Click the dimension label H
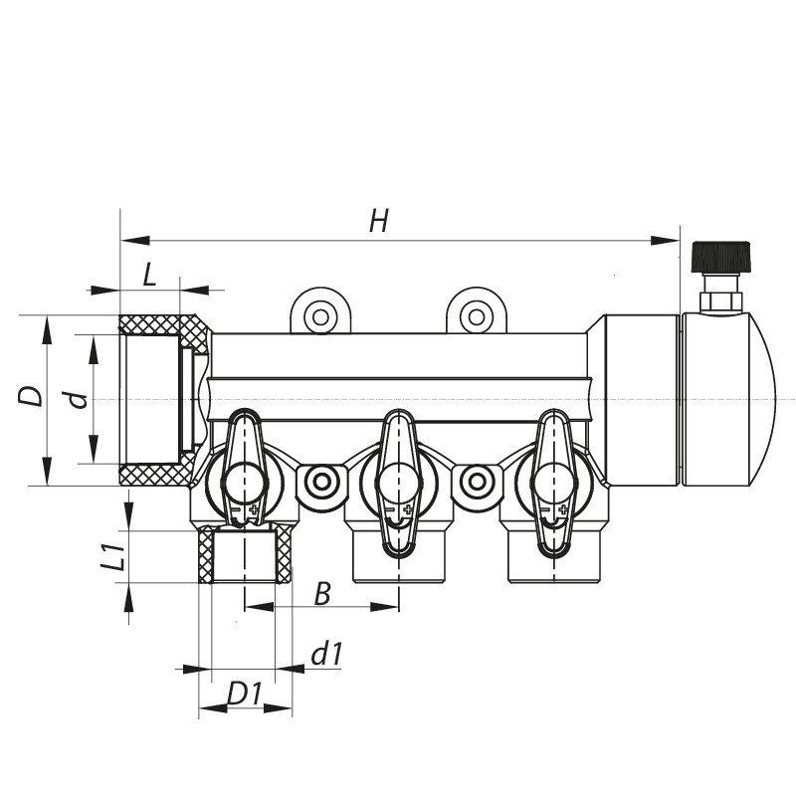(x=378, y=222)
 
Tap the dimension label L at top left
(x=149, y=275)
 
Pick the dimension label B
(x=321, y=594)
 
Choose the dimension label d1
(x=326, y=654)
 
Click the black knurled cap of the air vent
(x=719, y=256)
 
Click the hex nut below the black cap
(x=719, y=299)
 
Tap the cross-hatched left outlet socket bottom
(x=246, y=556)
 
